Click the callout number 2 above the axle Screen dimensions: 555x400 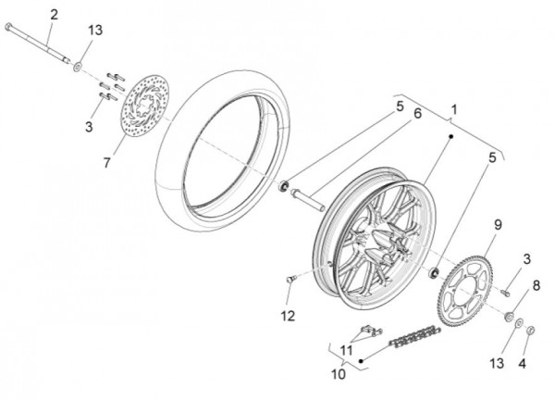click(x=54, y=15)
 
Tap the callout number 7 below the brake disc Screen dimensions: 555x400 click(x=107, y=163)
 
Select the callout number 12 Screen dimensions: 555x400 click(x=288, y=316)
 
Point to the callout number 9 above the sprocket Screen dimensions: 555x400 click(x=498, y=225)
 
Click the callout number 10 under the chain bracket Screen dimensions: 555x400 click(x=339, y=374)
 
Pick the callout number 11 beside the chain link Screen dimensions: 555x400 click(x=347, y=350)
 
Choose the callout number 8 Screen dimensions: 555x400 click(x=536, y=285)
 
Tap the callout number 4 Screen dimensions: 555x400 click(x=522, y=364)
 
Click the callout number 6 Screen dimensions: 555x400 click(x=418, y=114)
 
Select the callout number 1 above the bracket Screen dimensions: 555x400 click(x=454, y=109)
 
